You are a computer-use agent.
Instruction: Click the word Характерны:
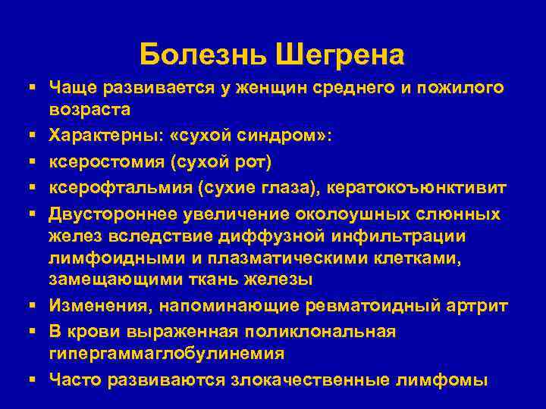pos(106,137)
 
